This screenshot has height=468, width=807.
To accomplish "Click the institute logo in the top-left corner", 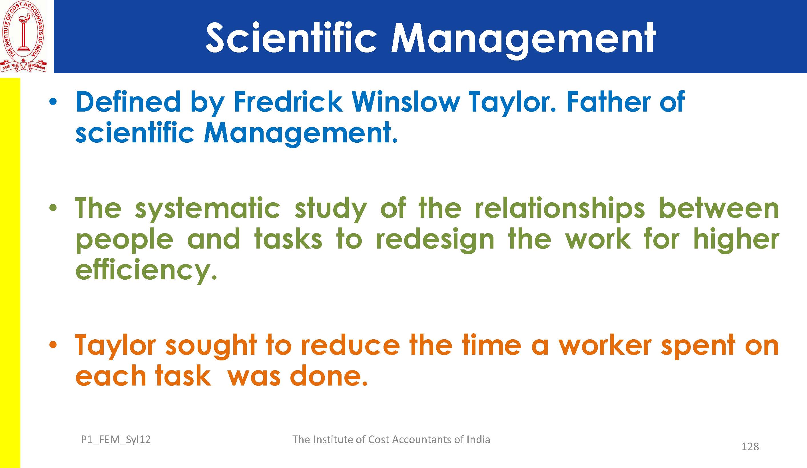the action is pos(24,37).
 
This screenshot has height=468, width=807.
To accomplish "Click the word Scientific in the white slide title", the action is pos(291,38).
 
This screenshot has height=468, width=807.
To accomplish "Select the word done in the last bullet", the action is pos(329,376).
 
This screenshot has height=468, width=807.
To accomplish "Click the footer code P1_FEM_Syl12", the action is pos(116,440).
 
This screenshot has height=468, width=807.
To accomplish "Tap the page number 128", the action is pos(750,447).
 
